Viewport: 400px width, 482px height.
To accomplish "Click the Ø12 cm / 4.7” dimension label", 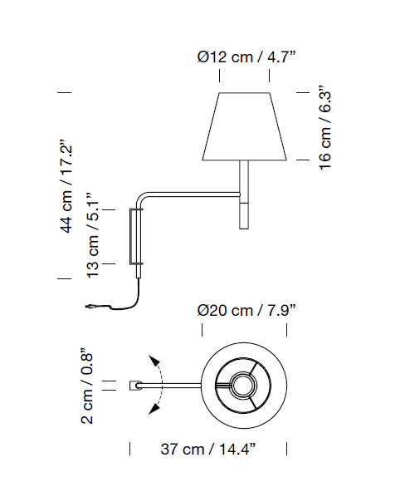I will coord(246,57).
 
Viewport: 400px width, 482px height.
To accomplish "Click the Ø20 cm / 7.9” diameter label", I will coord(246,310).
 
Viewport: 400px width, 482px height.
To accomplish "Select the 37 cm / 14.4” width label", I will coord(207,450).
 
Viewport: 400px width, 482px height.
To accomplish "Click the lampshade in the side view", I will coord(245,126).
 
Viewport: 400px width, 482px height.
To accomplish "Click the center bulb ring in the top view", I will coord(244,385).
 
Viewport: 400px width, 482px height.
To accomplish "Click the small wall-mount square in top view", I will coord(134,386).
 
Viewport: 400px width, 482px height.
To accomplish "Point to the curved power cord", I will coord(124,298).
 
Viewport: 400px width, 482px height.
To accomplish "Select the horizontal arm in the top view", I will coord(178,386).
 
